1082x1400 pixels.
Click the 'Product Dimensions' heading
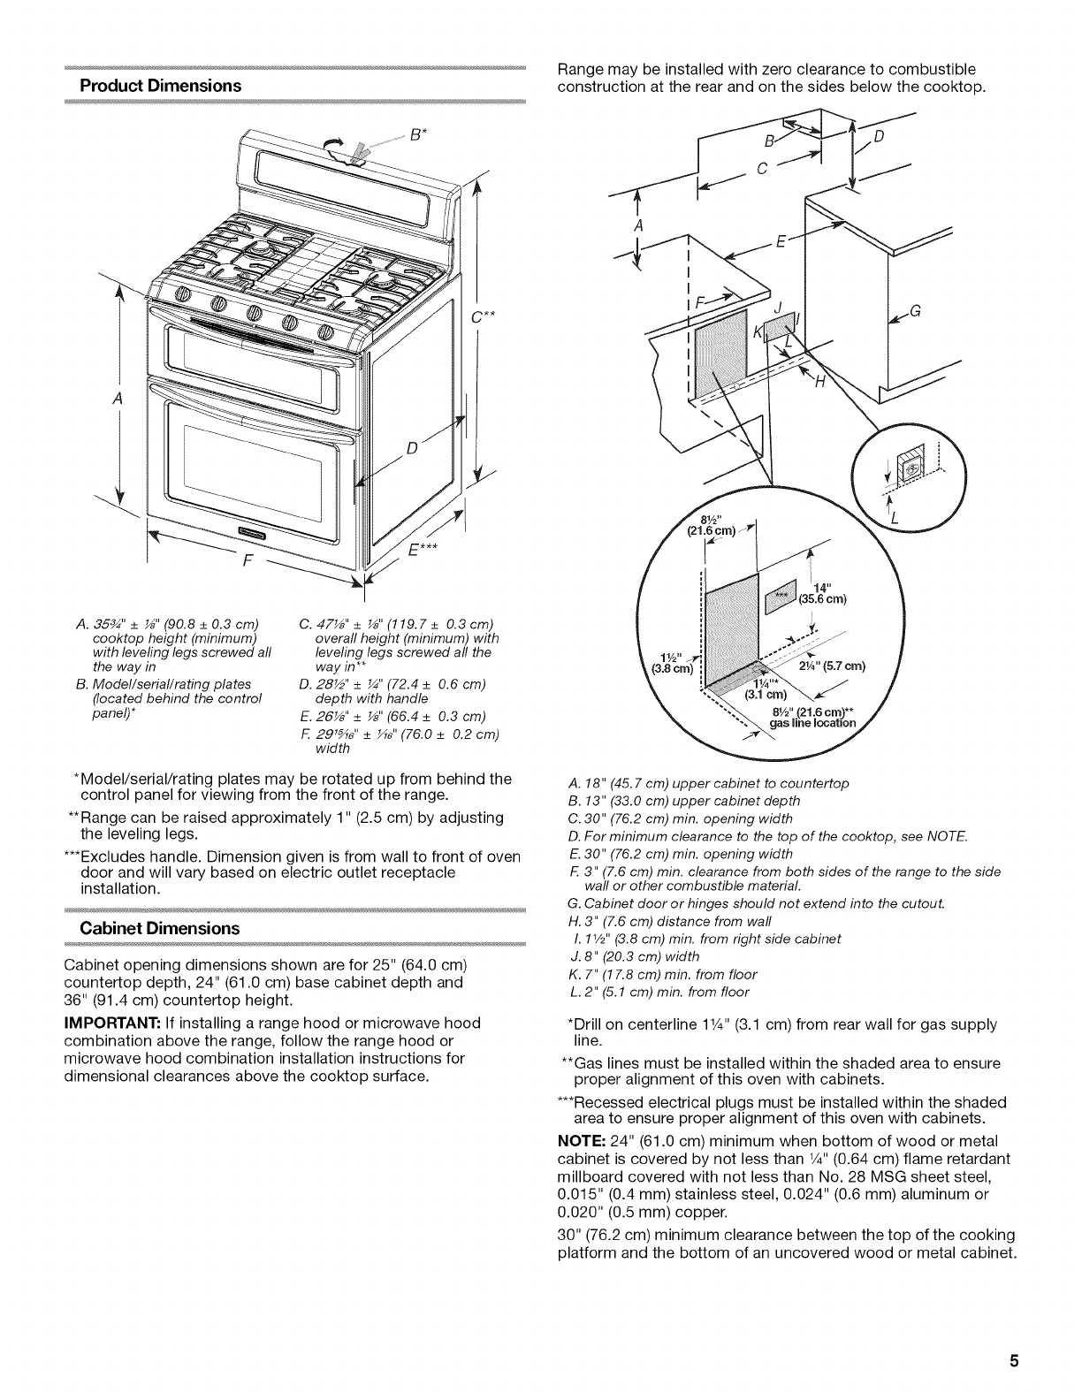pyautogui.click(x=160, y=86)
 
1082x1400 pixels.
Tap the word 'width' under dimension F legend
pyautogui.click(x=332, y=748)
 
